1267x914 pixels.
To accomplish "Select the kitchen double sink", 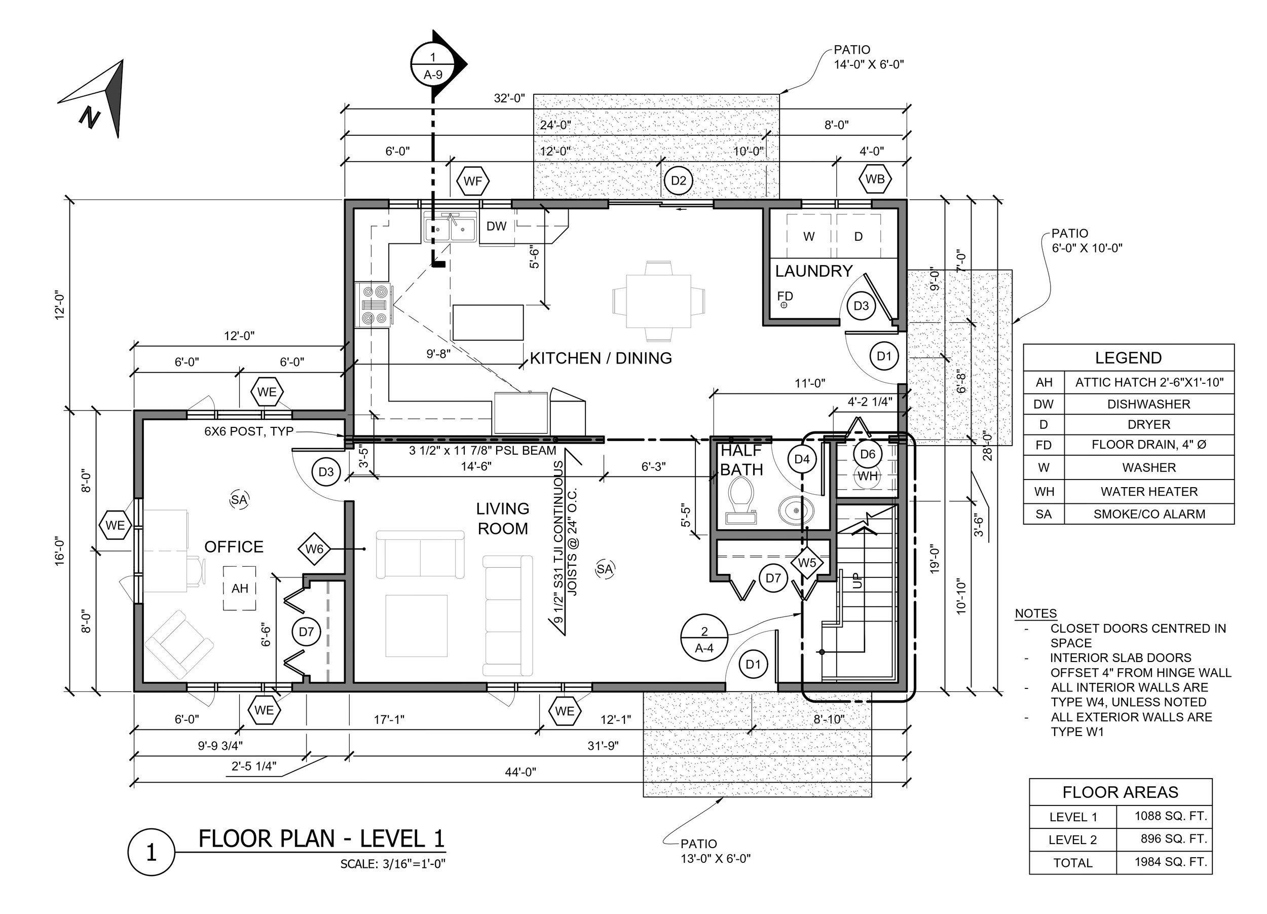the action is click(x=450, y=227).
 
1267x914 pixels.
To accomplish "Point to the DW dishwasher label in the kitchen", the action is click(x=496, y=226).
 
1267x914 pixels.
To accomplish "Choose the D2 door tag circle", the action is click(x=678, y=180).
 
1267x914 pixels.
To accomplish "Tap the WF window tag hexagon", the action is click(x=473, y=181).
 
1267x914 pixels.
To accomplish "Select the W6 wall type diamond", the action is click(x=314, y=549).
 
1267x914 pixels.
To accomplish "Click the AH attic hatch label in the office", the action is click(x=240, y=588).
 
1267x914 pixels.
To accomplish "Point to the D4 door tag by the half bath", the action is click(x=802, y=459).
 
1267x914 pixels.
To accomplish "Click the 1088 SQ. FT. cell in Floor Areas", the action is click(x=1171, y=816).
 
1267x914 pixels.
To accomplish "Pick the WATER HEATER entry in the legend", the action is click(x=1149, y=492).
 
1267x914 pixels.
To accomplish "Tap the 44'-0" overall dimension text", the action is click(x=520, y=772).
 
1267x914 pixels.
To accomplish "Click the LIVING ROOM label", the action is click(x=503, y=519).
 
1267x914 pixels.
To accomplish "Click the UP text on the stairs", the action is click(x=858, y=581).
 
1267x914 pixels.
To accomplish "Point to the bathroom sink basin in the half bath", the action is click(x=796, y=509).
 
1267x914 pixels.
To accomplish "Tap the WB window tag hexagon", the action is click(x=875, y=179).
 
